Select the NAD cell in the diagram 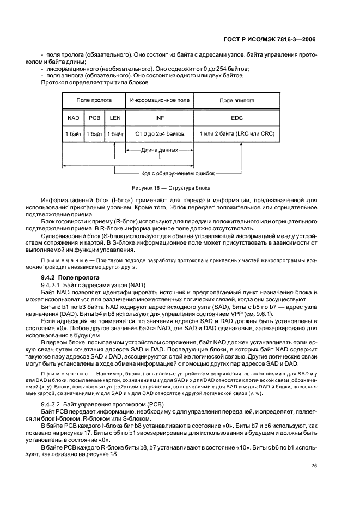pyautogui.click(x=74, y=117)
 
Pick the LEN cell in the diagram pyautogui.click(x=114, y=117)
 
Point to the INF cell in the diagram pyautogui.click(x=160, y=117)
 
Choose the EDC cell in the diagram pyautogui.click(x=237, y=117)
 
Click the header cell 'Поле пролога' pyautogui.click(x=94, y=101)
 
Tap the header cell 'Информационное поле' pyautogui.click(x=160, y=101)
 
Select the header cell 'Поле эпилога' pyautogui.click(x=237, y=101)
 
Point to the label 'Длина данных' pyautogui.click(x=160, y=149)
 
